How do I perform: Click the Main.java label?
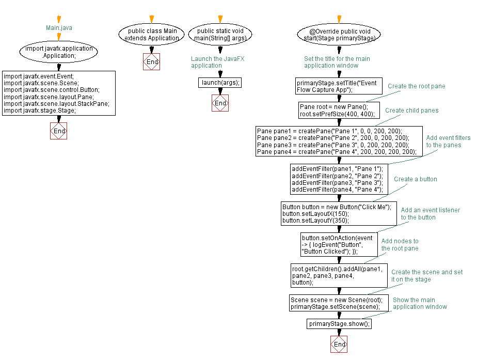click(x=59, y=27)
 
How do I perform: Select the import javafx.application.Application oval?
click(x=59, y=52)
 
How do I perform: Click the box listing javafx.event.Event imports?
click(x=59, y=93)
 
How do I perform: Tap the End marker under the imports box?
click(x=59, y=131)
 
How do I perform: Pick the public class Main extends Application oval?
click(x=152, y=35)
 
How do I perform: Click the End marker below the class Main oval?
click(x=152, y=62)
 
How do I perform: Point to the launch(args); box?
click(x=220, y=83)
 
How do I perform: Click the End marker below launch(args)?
click(x=220, y=103)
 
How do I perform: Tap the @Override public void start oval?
click(x=339, y=35)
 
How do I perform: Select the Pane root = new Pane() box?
click(x=339, y=110)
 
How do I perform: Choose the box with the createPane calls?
click(x=339, y=141)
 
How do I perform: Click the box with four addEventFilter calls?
click(x=339, y=179)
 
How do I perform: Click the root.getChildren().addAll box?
click(x=339, y=275)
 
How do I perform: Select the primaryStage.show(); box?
click(x=339, y=324)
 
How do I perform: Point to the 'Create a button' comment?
click(x=415, y=179)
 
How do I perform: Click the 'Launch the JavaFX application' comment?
click(x=217, y=62)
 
